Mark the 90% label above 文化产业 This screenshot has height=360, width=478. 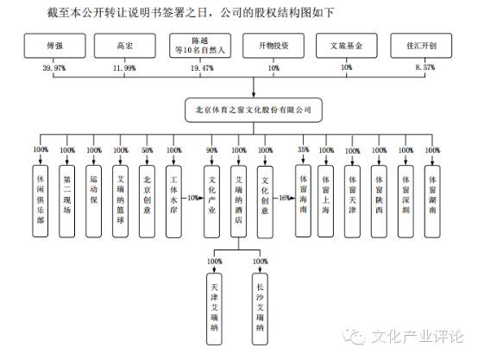(x=211, y=150)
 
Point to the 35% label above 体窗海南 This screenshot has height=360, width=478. (x=303, y=150)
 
